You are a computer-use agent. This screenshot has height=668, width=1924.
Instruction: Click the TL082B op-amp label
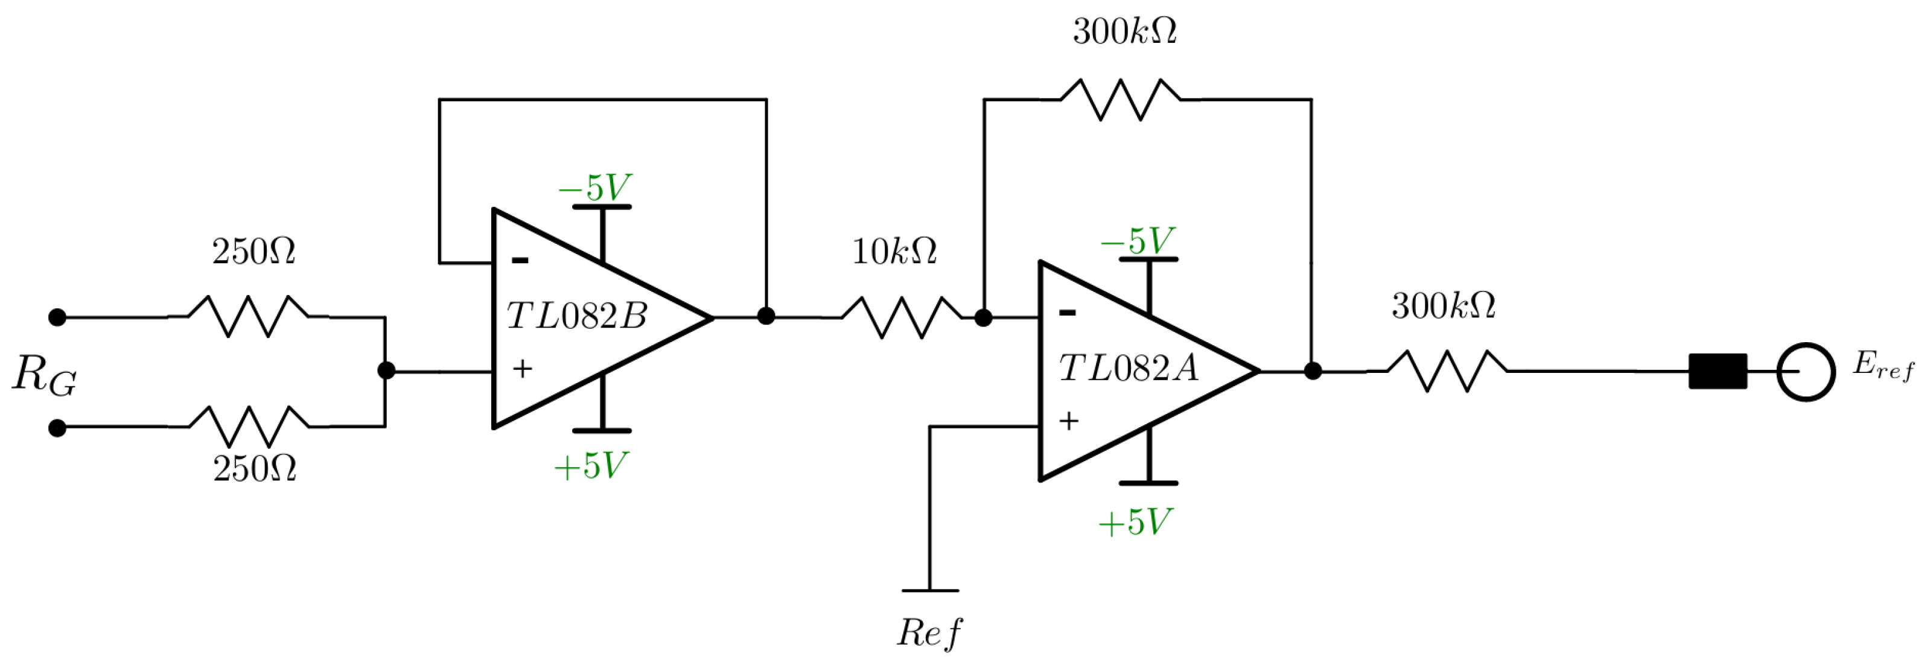point(576,316)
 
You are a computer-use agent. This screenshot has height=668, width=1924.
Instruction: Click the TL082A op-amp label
point(1128,368)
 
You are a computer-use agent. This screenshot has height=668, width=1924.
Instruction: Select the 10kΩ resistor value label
point(894,252)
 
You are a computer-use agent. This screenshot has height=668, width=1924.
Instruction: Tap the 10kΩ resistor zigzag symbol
point(902,317)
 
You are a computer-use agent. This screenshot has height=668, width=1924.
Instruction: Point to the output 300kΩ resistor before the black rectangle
point(1447,371)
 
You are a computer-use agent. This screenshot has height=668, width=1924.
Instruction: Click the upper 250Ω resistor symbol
point(248,317)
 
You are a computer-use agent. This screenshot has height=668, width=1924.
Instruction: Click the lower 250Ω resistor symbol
point(249,427)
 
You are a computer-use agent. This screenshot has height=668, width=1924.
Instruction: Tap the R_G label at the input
point(44,375)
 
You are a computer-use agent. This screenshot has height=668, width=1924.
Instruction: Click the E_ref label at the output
point(1883,366)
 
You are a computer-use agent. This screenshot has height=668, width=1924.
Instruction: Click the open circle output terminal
point(1805,371)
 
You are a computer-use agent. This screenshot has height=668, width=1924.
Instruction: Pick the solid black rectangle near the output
point(1718,371)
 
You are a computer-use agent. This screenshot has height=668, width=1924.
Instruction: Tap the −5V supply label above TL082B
point(594,187)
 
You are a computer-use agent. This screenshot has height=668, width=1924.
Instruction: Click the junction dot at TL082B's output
point(766,316)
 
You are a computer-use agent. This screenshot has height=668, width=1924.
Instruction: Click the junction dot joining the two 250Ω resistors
point(386,371)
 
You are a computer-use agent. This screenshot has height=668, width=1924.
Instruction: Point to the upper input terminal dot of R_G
point(57,317)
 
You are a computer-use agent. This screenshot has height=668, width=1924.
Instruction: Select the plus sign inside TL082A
point(1069,421)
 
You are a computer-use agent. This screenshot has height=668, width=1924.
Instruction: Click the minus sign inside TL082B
point(520,261)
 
